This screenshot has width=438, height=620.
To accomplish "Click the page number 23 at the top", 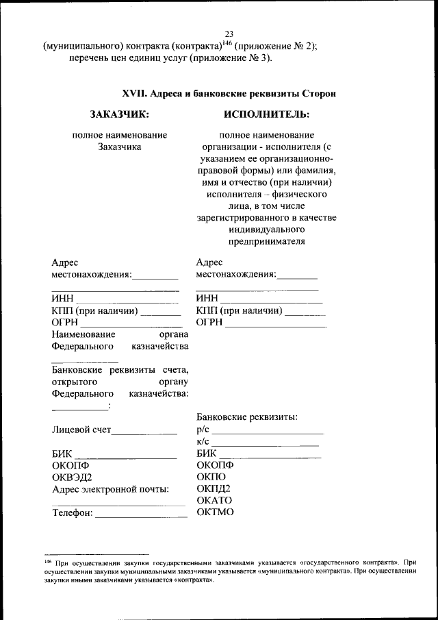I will [x=229, y=35].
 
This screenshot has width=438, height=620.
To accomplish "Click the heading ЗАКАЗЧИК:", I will [x=119, y=113].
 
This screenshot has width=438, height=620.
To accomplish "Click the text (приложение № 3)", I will [x=229, y=58].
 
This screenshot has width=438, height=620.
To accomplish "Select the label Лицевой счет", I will [x=81, y=431].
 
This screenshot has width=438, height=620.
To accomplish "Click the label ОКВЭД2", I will [x=72, y=477].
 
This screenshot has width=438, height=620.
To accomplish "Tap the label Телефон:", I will [x=72, y=514].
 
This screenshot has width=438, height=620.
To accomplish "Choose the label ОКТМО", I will [x=215, y=512].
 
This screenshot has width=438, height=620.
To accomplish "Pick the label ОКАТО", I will [x=215, y=501].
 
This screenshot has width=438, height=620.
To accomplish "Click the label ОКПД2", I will [x=213, y=488].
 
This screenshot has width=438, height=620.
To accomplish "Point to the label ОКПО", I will [x=211, y=477].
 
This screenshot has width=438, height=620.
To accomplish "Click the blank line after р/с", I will [x=268, y=432].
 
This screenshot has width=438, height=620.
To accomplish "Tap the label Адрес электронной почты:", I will [x=110, y=489].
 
